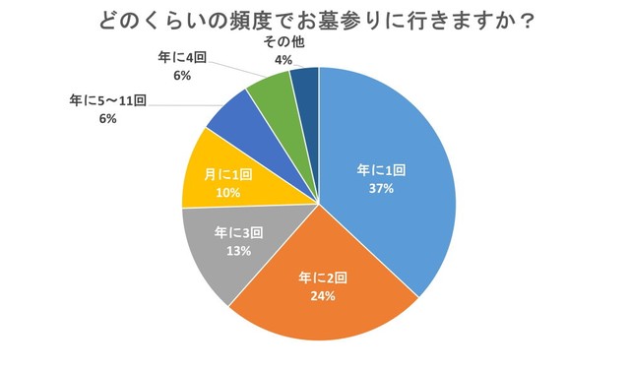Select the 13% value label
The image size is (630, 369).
pos(235,251)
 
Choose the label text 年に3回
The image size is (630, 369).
pos(235,233)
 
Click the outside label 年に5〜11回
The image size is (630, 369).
pos(108,100)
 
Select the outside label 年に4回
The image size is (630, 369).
pos(181,58)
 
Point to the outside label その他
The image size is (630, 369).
pos(283,42)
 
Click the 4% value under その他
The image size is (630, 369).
pos(283,60)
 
